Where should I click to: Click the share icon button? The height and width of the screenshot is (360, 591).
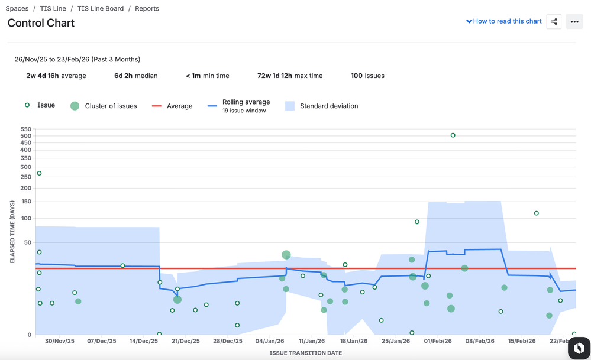coord(554,22)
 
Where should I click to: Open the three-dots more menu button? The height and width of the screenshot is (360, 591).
coord(574,22)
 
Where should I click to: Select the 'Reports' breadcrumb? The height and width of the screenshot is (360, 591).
coord(147,9)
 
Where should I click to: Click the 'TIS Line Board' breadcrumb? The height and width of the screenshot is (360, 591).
coord(101,9)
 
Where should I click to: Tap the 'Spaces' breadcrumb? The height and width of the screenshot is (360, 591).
coord(17,9)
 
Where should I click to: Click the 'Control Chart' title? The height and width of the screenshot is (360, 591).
coord(41,23)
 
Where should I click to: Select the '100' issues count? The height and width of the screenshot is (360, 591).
coord(357,76)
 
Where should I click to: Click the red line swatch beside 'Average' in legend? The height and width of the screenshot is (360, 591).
coord(157,106)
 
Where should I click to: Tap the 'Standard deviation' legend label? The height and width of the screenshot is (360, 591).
coord(328,106)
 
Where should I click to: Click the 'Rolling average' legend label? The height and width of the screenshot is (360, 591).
coord(246,102)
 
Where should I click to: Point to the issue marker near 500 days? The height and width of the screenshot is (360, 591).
coord(453,135)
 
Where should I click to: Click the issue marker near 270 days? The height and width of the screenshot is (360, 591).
coord(40,173)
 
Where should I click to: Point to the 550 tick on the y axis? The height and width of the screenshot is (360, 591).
coord(25,129)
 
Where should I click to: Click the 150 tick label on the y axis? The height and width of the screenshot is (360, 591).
coord(25,201)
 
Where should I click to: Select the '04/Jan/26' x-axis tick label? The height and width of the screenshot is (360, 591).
coord(270,341)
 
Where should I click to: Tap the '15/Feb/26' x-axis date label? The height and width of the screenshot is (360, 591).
coord(522,341)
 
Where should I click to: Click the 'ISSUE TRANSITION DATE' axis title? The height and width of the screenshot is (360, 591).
coord(305,353)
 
